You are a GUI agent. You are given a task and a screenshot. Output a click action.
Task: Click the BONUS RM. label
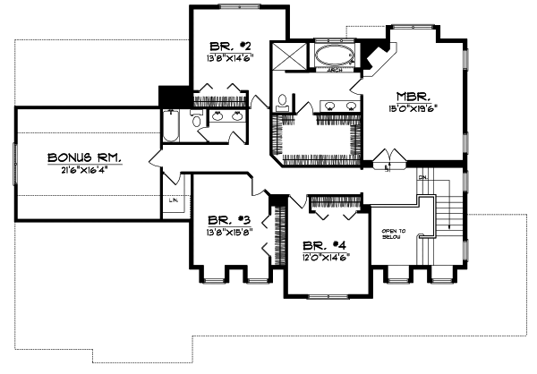pos(85,157)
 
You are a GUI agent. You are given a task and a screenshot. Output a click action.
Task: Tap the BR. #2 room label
pos(223,46)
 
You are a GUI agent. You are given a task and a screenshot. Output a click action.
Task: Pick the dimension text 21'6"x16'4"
pos(86,170)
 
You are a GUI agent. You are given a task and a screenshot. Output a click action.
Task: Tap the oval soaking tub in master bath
pos(335,55)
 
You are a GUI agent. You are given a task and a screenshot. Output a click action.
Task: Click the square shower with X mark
pos(291,55)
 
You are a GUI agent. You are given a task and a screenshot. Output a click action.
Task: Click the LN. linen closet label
pos(173,200)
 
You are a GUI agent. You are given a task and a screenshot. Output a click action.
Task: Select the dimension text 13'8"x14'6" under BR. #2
pos(223,58)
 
